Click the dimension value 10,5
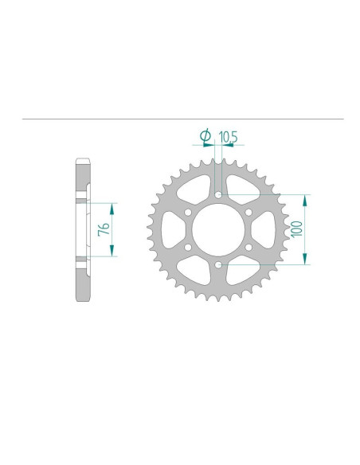[229, 138]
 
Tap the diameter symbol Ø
[205, 138]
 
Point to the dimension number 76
[103, 229]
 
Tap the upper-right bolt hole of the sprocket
[248, 212]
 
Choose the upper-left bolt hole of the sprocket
[188, 212]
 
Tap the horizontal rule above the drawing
[183, 119]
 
